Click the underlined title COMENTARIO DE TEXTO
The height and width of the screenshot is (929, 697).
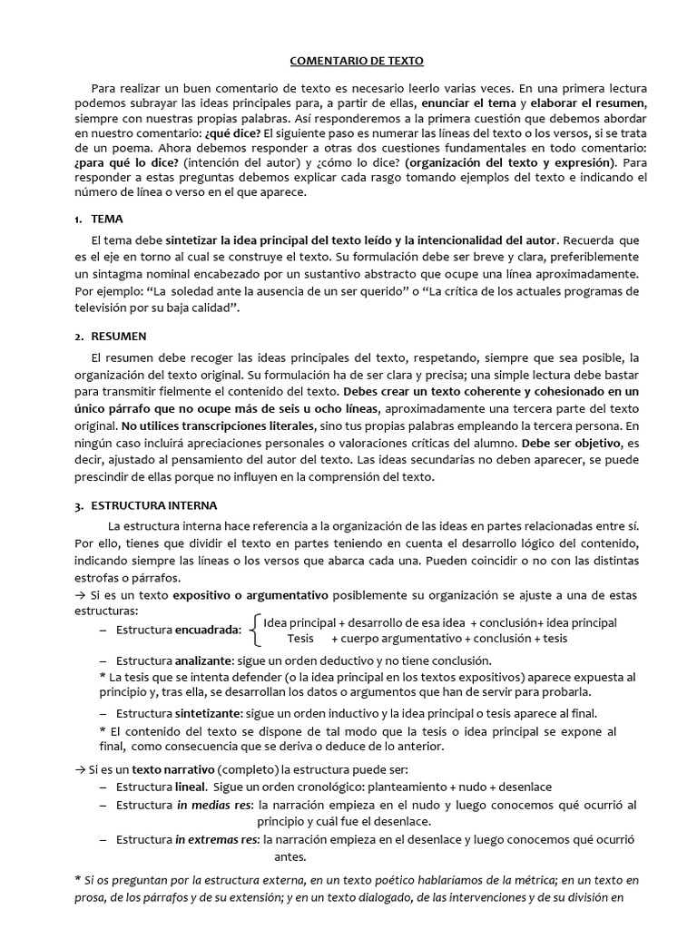tap(356, 62)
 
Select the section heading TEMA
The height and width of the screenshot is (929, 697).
tap(107, 220)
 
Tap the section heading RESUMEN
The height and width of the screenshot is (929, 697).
tap(118, 337)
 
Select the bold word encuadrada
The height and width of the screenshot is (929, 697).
tap(208, 630)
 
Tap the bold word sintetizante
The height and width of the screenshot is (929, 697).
tap(210, 713)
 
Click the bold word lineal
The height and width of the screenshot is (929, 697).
tap(191, 787)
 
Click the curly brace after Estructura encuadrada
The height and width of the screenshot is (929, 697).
tap(255, 630)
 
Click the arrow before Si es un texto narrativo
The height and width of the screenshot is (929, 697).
tap(79, 769)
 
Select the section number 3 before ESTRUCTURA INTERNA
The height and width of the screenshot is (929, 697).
tap(78, 505)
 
